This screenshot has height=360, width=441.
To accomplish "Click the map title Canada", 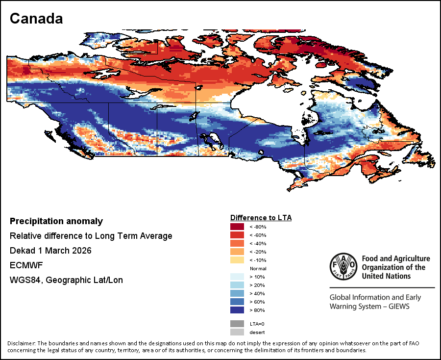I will [36, 19].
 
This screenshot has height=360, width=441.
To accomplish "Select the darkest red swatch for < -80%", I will [237, 227].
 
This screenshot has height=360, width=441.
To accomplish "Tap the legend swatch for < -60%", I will [237, 235].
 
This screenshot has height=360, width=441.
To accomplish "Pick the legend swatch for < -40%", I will [237, 243].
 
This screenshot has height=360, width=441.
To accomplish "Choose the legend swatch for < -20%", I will [237, 252].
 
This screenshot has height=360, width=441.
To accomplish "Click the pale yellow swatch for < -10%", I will [237, 260].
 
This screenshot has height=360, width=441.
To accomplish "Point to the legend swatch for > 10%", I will [237, 277].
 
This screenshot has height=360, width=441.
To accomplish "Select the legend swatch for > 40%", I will [237, 294].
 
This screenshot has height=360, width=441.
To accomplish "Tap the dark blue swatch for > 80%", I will [237, 310].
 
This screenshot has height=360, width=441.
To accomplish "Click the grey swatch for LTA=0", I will [237, 324].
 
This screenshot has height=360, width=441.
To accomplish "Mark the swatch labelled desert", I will [237, 332].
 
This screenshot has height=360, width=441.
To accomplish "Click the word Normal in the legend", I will [258, 269].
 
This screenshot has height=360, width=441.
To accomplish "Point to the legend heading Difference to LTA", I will [261, 217].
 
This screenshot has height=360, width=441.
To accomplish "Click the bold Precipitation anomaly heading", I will [56, 221].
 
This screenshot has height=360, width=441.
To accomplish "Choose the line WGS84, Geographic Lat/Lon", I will [66, 280].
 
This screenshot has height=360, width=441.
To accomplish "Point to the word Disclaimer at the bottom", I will [21, 343].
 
